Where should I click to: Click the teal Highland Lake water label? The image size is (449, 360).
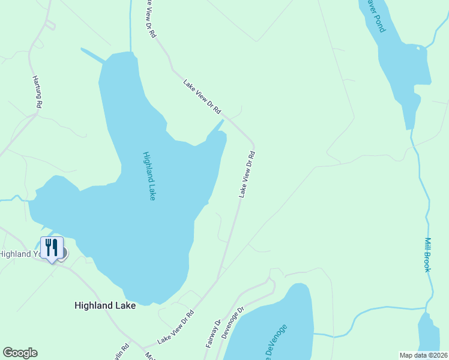[x=149, y=176]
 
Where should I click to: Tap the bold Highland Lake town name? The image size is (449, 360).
[x=105, y=305]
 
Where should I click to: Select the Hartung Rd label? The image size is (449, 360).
[x=37, y=92]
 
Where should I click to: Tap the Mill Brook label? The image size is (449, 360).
[x=428, y=255]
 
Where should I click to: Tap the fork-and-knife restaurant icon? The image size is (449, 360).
[x=52, y=246]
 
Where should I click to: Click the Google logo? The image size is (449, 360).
[x=20, y=353]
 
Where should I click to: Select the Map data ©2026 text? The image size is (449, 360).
[x=423, y=355]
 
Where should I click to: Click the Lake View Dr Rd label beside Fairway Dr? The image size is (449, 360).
[x=176, y=327]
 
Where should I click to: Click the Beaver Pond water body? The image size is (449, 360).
[x=408, y=72]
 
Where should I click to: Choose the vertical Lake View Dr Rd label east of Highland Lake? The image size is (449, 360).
[x=247, y=174]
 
